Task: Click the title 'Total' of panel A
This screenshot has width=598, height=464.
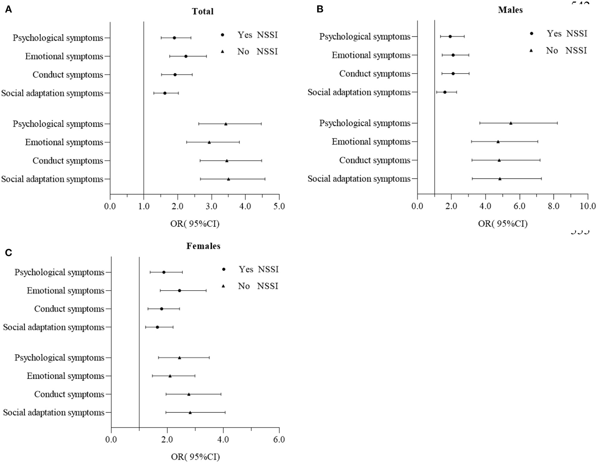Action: (x=202, y=11)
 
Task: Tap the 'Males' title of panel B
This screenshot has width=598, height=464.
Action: (x=510, y=10)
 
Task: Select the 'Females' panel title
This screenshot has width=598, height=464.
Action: (x=203, y=246)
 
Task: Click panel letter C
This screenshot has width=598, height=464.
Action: (x=9, y=253)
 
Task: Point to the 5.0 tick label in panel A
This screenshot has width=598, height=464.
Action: (x=279, y=206)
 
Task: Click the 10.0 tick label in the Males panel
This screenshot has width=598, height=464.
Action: (x=588, y=206)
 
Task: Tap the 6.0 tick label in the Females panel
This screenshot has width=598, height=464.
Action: (x=279, y=439)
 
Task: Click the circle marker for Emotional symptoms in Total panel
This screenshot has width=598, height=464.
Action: (x=186, y=56)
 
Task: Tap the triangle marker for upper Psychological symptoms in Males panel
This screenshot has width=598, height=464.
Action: (x=511, y=123)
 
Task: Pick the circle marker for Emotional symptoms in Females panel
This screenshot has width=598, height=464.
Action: (x=179, y=291)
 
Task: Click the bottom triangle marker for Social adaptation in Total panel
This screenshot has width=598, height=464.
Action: (x=228, y=179)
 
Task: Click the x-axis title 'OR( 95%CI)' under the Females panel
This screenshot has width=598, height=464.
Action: (x=195, y=457)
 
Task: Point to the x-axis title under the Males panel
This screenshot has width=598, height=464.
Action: (x=502, y=223)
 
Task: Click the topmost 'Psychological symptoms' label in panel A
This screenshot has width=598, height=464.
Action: (x=58, y=38)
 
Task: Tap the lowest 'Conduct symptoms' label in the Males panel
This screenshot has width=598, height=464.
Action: (x=375, y=160)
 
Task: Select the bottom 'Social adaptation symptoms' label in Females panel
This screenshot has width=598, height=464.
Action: (x=54, y=412)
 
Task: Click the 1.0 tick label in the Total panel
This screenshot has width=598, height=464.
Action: (x=144, y=206)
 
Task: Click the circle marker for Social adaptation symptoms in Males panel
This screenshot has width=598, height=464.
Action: (x=445, y=92)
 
